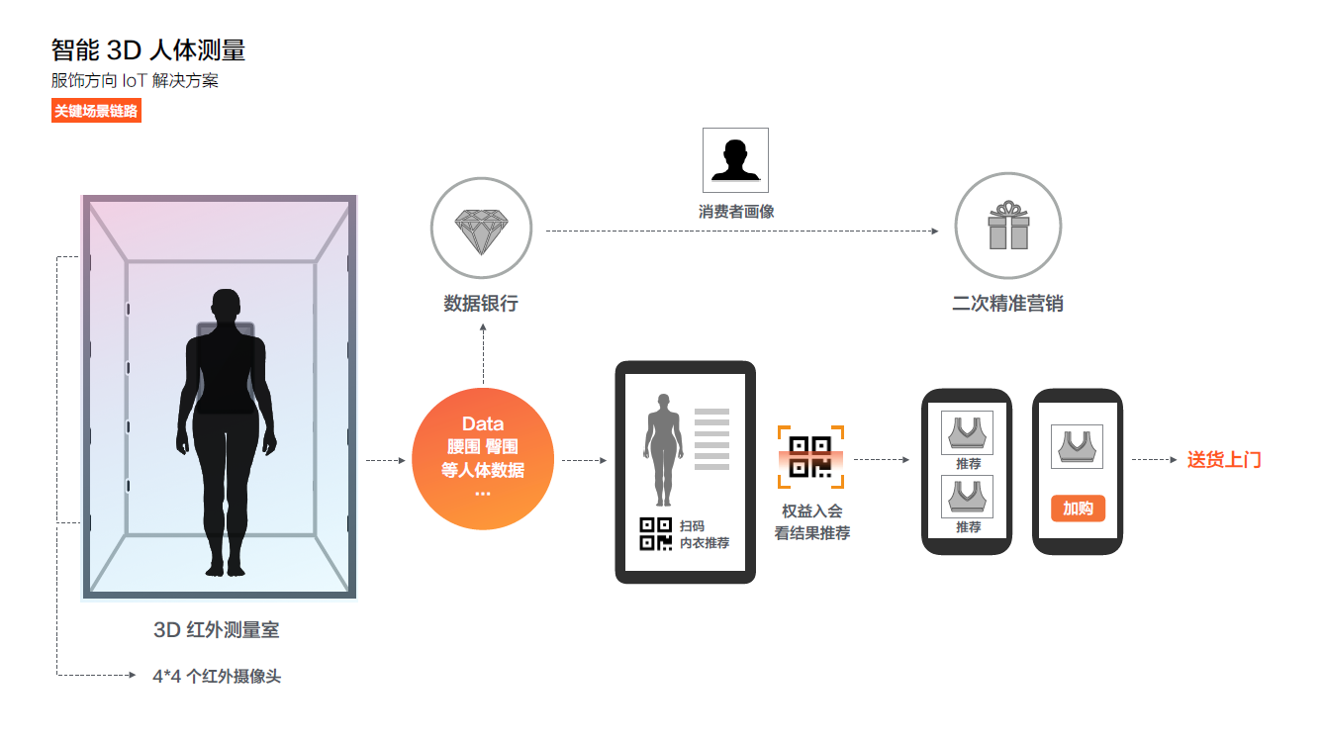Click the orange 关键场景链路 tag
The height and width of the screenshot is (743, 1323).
tap(96, 111)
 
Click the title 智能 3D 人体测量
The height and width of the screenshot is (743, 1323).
tap(148, 49)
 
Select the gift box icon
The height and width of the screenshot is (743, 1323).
tap(1007, 226)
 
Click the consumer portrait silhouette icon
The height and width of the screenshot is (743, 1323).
tap(735, 160)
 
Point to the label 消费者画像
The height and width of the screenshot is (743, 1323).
tap(735, 211)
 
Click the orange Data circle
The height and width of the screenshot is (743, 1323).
tap(482, 459)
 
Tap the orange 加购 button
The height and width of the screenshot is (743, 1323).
tap(1078, 509)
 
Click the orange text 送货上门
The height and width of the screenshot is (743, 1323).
tap(1224, 459)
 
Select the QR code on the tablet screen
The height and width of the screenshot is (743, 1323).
tap(656, 533)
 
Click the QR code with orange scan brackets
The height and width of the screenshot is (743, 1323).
tap(810, 457)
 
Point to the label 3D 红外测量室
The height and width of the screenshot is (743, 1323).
tap(223, 629)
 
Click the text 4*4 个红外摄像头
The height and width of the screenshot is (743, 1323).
tap(217, 677)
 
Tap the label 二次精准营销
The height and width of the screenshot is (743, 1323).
tap(1007, 303)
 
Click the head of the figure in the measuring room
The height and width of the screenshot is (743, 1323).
tap(227, 304)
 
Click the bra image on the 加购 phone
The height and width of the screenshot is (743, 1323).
tap(1077, 446)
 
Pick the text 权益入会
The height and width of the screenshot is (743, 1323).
tap(811, 511)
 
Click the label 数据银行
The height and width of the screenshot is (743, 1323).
tap(481, 303)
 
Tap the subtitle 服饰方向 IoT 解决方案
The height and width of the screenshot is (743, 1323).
tap(135, 80)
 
